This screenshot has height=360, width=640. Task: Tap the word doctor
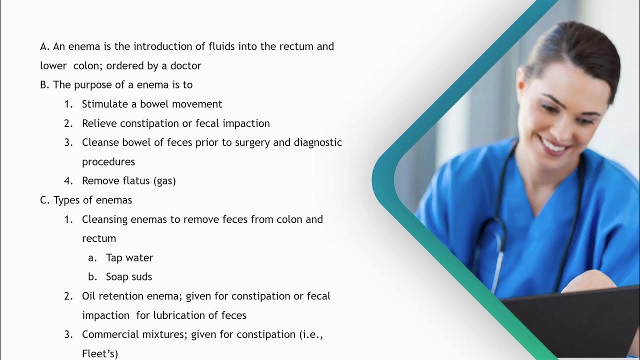point(185,65)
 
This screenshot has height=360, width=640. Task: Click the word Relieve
point(99,123)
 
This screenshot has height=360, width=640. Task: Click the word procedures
point(108,162)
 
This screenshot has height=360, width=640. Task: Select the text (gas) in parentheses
point(166,181)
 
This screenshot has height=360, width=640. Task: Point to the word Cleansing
point(104,219)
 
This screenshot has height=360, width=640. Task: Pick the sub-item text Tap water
point(129,257)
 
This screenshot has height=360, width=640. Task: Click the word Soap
point(116,277)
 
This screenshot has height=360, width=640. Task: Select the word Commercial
point(109,334)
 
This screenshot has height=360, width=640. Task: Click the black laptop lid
point(575,320)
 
